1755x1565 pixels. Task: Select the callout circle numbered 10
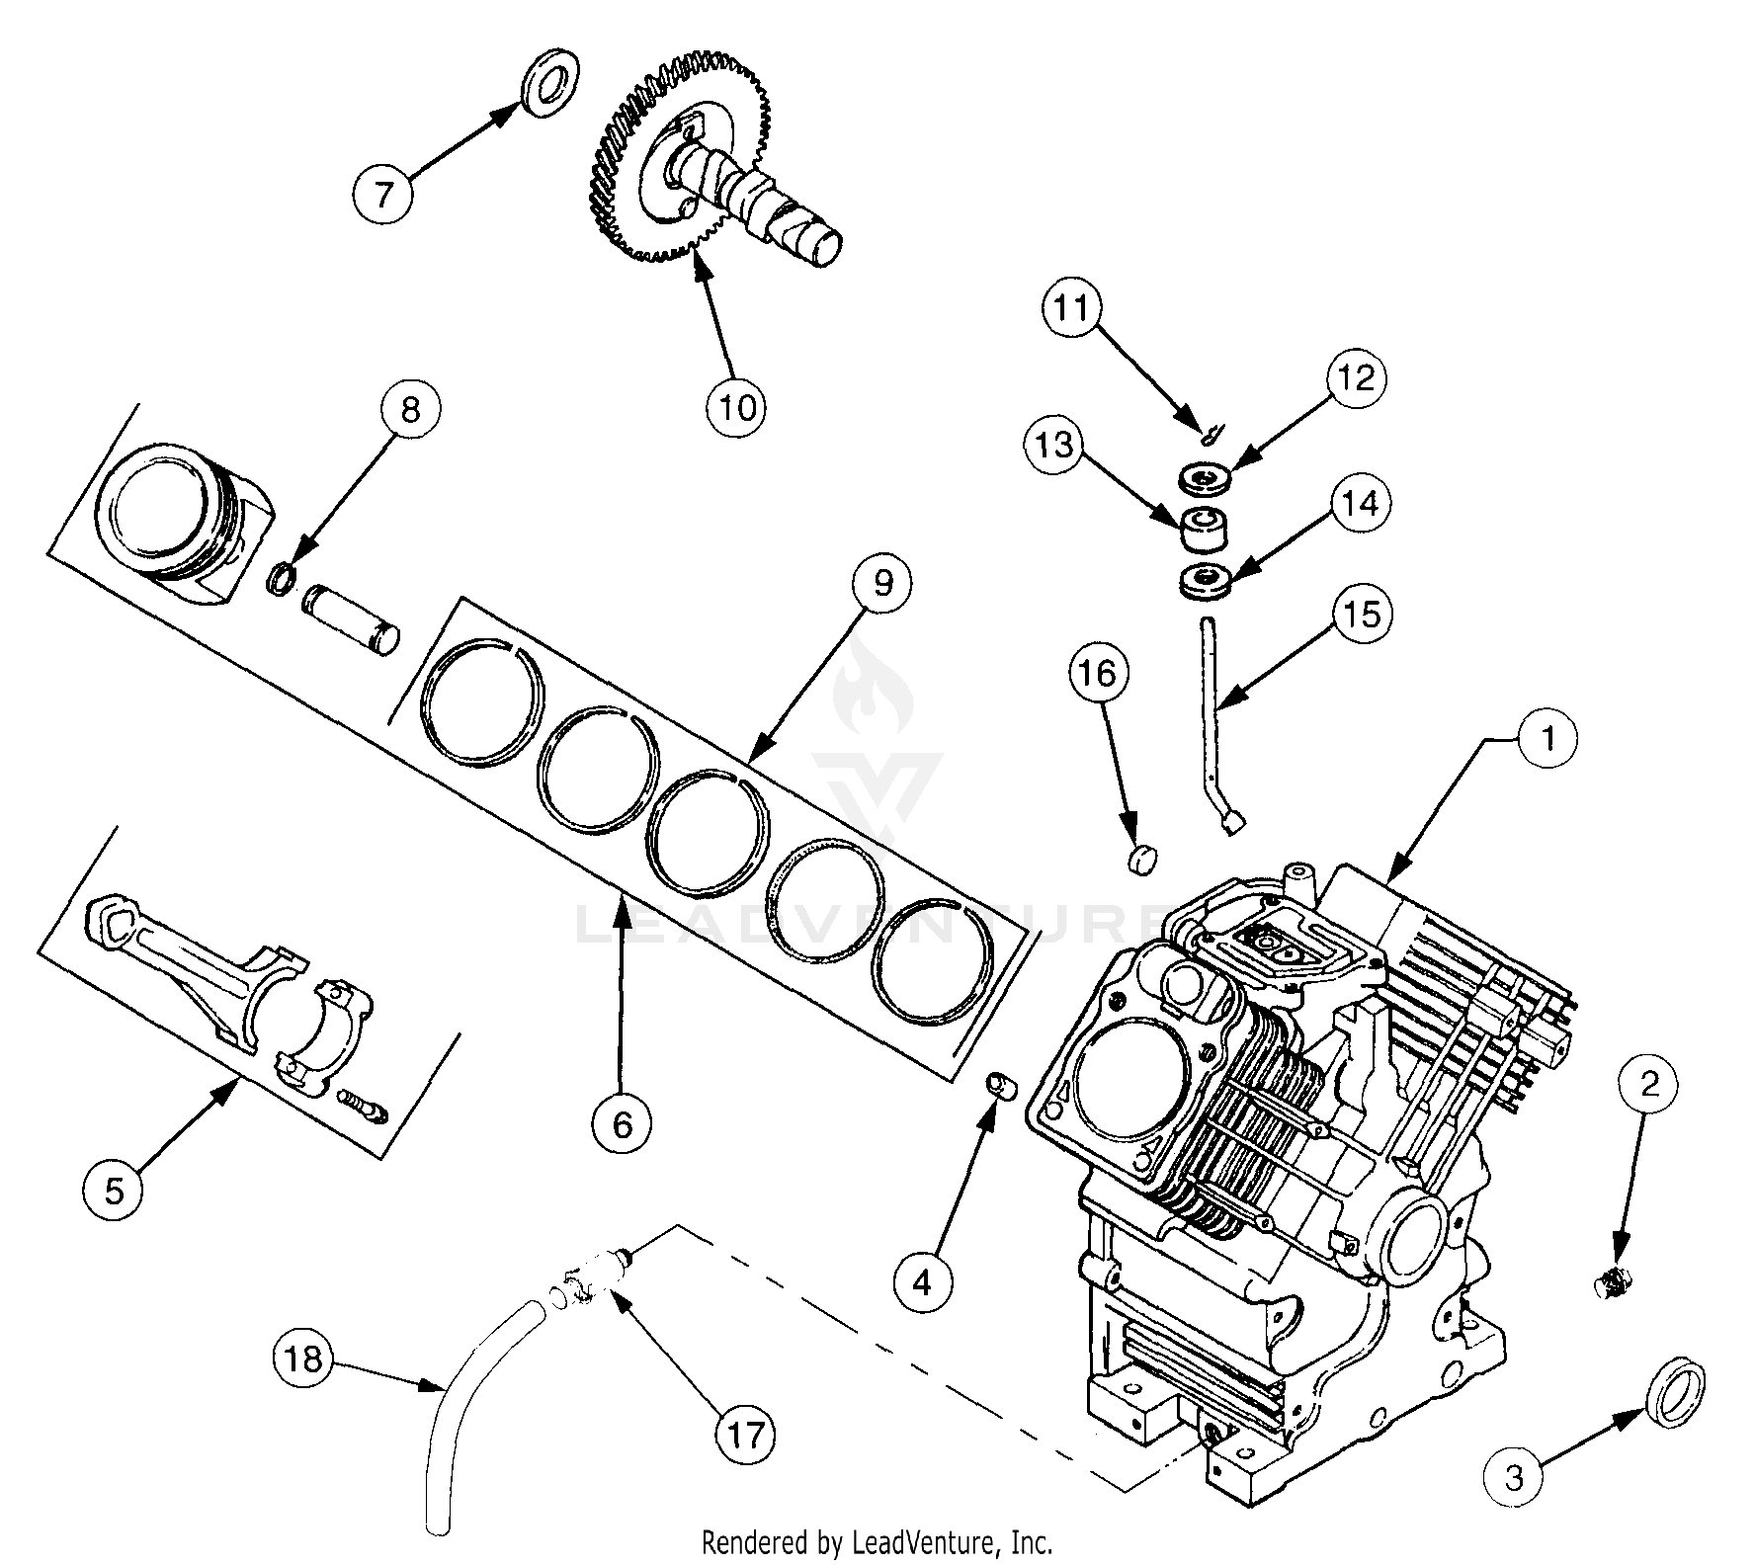(x=737, y=406)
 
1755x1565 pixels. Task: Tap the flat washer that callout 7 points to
(x=550, y=82)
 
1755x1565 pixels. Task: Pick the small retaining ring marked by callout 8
(x=282, y=576)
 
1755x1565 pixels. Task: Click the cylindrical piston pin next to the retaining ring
(x=351, y=618)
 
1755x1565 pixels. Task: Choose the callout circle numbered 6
(x=622, y=1123)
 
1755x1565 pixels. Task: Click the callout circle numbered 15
(x=1362, y=614)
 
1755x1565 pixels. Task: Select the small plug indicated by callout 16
(x=1142, y=859)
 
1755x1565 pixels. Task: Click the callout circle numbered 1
(x=1548, y=737)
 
